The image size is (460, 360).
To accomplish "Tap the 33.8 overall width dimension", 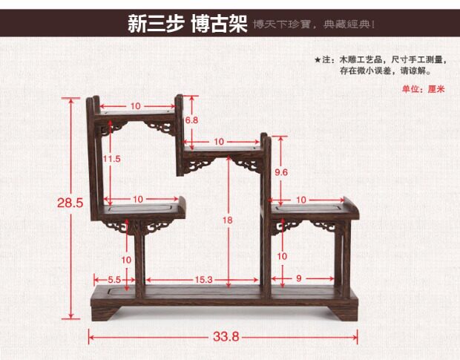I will [226, 336].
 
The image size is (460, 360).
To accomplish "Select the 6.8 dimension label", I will [191, 120].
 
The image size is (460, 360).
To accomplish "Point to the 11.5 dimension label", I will [112, 159].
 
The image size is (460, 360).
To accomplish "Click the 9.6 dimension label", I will [280, 172].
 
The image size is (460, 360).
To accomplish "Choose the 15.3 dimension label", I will [204, 280].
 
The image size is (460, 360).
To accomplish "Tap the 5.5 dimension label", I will [114, 280].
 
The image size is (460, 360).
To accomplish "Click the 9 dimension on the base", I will [298, 280].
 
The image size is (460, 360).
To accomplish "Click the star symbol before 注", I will [317, 59].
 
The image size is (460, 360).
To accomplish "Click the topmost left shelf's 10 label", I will [136, 106].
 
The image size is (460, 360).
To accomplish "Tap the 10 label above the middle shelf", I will [219, 141].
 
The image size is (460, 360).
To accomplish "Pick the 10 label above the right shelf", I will [301, 200].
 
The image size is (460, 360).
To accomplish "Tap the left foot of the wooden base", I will [104, 315].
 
